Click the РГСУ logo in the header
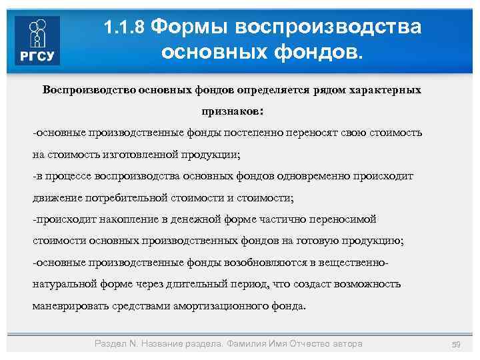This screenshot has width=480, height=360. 37,41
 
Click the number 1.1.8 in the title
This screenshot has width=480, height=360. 125,28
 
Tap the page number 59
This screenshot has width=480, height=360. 457,344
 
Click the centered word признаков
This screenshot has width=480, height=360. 231,111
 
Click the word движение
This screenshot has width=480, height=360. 56,198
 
